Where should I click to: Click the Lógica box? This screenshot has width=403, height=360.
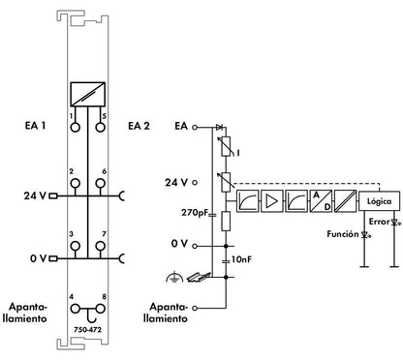click(379, 201)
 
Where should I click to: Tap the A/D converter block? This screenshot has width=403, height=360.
click(321, 200)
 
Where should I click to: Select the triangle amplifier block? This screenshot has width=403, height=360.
click(272, 200)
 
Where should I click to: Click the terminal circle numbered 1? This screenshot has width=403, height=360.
click(75, 127)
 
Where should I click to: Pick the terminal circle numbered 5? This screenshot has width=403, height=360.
click(101, 127)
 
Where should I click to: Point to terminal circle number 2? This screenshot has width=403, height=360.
click(75, 184)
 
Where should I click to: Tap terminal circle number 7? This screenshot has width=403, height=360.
click(101, 247)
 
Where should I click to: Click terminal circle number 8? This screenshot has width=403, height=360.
click(101, 309)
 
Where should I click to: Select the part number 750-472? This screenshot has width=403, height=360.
click(87, 330)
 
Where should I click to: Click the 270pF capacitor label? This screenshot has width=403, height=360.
click(195, 213)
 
